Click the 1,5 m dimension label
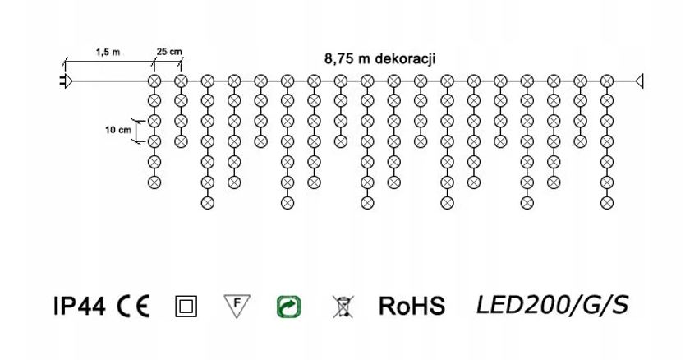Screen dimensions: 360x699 coord(108,52)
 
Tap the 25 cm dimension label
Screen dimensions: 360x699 coord(169,52)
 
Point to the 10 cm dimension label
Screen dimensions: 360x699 coord(118,130)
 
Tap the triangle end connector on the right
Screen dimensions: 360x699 coord(639,81)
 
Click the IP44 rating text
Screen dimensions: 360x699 coord(79,307)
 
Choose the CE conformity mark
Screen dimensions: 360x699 coord(133,307)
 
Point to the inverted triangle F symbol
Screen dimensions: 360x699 coord(237,306)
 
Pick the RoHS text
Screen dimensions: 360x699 coord(412,307)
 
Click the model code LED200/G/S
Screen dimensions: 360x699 coord(552,306)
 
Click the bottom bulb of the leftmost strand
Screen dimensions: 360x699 coord(153,182)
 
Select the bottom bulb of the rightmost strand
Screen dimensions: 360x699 coord(607,201)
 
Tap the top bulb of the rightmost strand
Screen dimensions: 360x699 coord(607,81)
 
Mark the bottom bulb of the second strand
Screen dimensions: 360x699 coord(181,141)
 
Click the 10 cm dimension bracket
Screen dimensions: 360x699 coord(140,131)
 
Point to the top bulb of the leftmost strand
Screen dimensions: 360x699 coord(153,81)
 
